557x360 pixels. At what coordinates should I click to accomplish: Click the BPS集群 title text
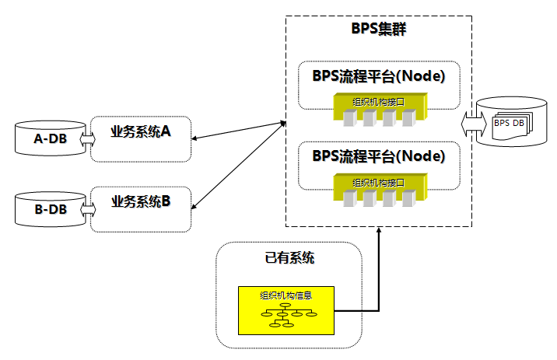point(378,30)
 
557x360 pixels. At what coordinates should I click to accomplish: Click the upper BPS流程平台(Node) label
point(378,77)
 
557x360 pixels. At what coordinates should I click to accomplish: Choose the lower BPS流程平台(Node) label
point(378,156)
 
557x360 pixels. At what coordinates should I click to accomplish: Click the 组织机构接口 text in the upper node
point(378,102)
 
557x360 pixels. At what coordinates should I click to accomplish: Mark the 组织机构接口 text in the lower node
point(378,182)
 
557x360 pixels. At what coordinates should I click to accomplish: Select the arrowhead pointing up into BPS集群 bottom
point(378,232)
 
